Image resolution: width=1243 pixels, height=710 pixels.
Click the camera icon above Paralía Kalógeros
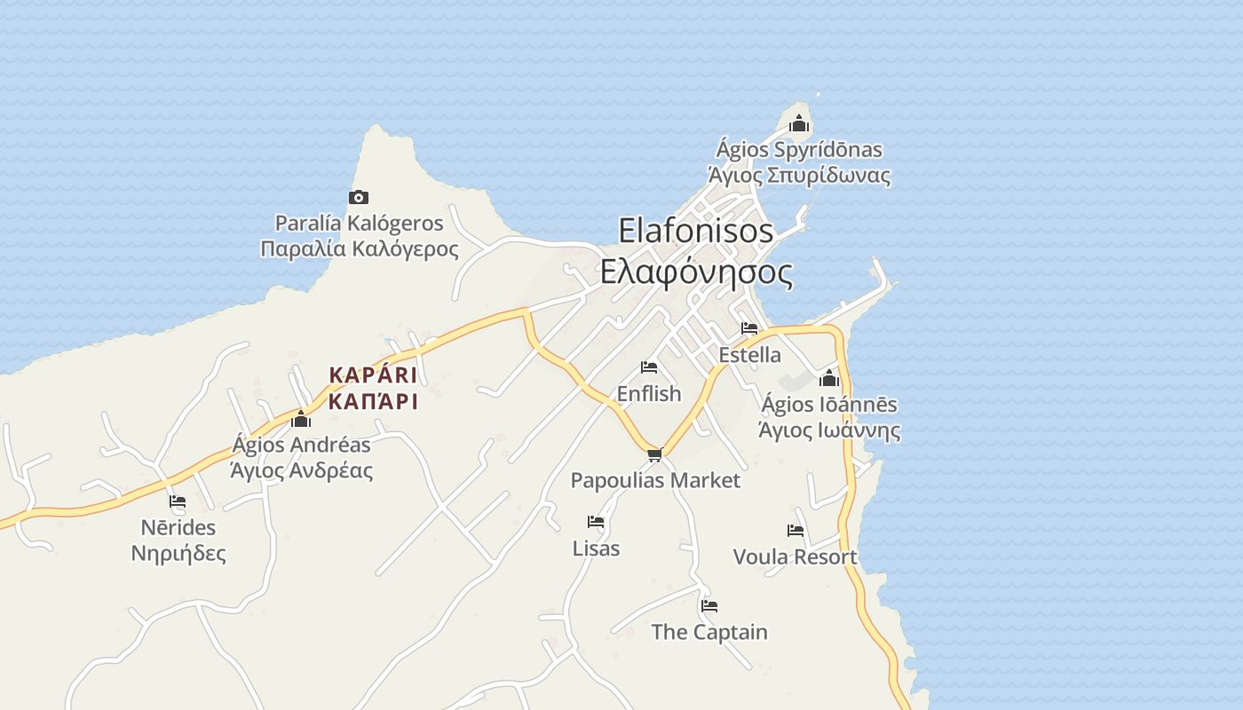(359, 197)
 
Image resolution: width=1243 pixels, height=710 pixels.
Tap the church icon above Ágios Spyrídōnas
(799, 123)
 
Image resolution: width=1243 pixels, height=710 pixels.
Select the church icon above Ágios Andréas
(301, 419)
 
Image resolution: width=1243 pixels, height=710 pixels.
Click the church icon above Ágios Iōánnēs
(829, 379)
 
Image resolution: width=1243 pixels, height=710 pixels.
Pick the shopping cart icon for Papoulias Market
(654, 455)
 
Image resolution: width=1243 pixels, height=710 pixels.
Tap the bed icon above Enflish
(649, 367)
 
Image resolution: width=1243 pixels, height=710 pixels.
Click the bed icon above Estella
(749, 328)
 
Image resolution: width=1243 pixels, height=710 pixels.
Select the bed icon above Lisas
(596, 522)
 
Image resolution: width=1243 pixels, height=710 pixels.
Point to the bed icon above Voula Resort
(796, 531)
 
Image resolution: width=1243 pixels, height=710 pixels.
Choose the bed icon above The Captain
(709, 606)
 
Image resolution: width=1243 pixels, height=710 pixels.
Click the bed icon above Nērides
(178, 501)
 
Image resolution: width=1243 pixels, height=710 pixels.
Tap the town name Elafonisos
(696, 231)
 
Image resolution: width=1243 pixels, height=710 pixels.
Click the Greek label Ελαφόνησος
(696, 272)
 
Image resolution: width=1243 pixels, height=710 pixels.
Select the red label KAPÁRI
(373, 375)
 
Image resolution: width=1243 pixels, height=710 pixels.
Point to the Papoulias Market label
(655, 481)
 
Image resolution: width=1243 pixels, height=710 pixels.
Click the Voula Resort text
(795, 557)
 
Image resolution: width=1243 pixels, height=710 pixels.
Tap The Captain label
(709, 632)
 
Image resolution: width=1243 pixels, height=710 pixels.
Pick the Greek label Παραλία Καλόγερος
(360, 248)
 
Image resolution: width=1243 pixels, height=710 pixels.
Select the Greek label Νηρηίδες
(178, 554)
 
